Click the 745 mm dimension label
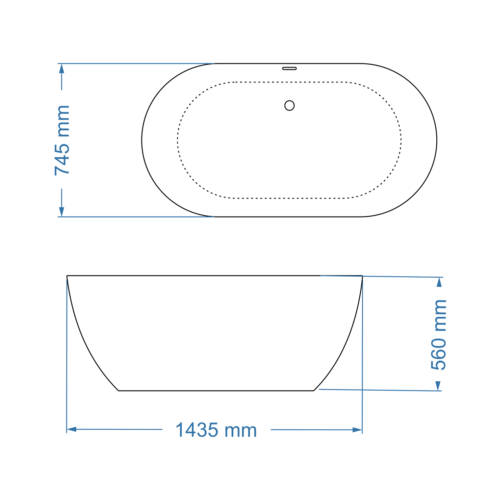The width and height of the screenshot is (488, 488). pos(62,140)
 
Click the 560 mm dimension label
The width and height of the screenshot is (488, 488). pos(439,334)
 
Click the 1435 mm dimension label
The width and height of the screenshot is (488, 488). pos(216,430)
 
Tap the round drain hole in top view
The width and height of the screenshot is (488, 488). pos(289,106)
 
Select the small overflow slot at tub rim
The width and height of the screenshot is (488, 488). pos(289,68)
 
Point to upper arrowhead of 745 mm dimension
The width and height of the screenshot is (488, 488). pos(61,68)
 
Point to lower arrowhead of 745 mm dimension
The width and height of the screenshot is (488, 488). pos(61,212)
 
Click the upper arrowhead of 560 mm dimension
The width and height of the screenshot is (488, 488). pos(439,282)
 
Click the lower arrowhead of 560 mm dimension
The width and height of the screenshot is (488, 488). pos(438,386)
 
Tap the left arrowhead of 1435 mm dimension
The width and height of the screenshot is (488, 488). pos(72,429)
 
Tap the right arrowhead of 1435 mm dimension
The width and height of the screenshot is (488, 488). pos(357,430)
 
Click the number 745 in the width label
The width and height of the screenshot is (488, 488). pos(62,159)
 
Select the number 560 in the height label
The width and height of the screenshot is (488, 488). pos(439,353)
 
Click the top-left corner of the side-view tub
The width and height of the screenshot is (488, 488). pos(67,276)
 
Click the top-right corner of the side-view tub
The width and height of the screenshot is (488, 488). pos(362,276)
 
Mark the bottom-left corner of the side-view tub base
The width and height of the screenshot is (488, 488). pos(119,391)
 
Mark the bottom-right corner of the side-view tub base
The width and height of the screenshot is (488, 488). pos(314,391)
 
